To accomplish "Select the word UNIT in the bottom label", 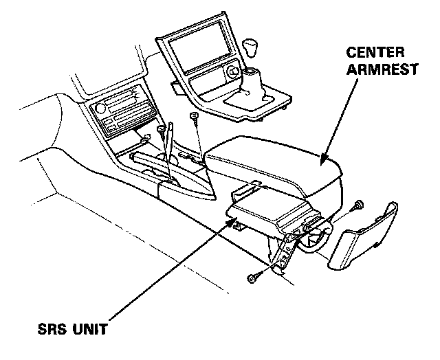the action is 90,328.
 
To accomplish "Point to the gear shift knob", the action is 252,49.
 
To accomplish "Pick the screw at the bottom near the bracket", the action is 251,278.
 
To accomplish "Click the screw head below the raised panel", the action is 195,116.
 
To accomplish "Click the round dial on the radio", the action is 100,109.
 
